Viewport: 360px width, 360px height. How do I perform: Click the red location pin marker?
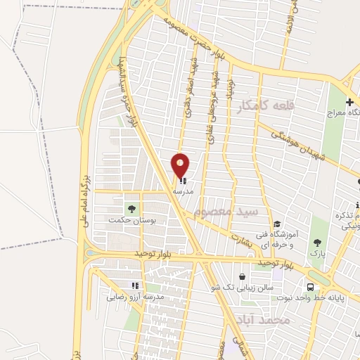coord(181,166)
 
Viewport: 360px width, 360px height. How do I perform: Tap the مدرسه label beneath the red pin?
coord(193,190)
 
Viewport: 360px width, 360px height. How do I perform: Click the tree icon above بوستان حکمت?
coord(131,208)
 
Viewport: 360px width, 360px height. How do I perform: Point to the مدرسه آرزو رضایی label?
coord(135,297)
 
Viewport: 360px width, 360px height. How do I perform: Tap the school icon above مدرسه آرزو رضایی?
coord(135,286)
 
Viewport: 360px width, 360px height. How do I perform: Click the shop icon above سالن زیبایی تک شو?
coord(243,277)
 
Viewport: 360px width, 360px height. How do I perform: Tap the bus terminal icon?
coord(310,286)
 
